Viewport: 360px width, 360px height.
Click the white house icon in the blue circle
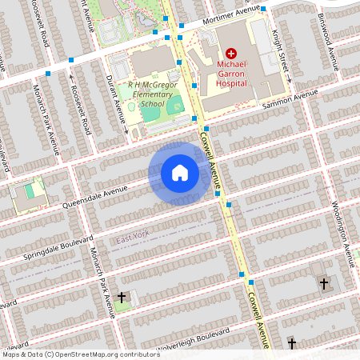(x=180, y=173)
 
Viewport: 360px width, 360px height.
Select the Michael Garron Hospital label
(x=230, y=72)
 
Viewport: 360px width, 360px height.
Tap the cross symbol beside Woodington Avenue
(x=324, y=283)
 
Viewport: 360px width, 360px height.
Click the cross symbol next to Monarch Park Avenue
(x=122, y=298)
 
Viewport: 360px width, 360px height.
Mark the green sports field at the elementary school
(x=174, y=105)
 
